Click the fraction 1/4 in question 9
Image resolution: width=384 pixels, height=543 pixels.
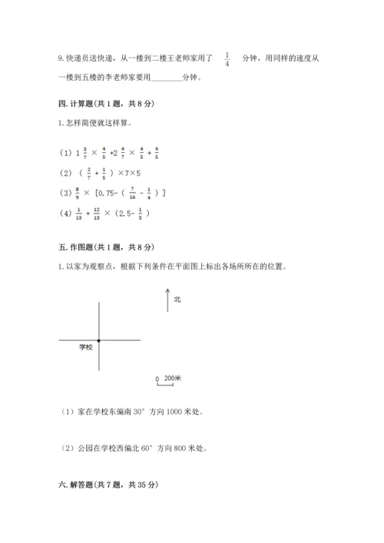pyautogui.click(x=227, y=59)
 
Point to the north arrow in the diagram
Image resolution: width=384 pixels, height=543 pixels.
pyautogui.click(x=167, y=300)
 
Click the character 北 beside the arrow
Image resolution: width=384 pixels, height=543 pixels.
pyautogui.click(x=177, y=300)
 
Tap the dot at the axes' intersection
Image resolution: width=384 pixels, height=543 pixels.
pyautogui.click(x=99, y=339)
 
